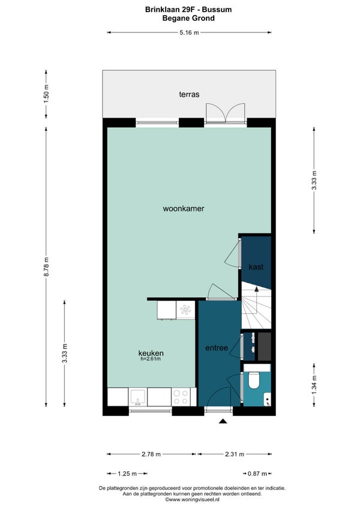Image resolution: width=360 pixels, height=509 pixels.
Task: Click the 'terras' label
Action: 189,94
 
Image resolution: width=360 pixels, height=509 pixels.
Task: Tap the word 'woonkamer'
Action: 184,208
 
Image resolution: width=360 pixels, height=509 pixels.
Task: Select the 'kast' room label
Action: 256,267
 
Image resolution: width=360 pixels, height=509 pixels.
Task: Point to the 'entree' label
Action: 217,348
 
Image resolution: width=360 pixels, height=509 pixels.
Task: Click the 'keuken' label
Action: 151,353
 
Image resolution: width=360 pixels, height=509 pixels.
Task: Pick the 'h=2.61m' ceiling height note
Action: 151,359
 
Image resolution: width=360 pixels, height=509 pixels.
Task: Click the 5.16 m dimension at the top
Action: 189,32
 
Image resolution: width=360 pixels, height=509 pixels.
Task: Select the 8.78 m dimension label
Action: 46,267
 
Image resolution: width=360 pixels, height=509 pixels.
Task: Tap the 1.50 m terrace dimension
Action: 46,94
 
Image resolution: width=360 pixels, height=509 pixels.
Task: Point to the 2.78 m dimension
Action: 151,454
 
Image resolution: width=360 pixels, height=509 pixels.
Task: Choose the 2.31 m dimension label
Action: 235,454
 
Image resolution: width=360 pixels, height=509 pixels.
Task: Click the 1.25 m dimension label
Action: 127,474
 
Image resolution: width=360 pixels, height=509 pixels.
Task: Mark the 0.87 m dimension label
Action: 257,474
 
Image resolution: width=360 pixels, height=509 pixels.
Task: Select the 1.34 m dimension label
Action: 314,385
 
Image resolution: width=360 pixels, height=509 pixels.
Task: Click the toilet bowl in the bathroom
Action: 253,381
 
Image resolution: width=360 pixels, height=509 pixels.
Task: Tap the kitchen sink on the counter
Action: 138,397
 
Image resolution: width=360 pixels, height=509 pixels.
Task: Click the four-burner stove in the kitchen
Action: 181,397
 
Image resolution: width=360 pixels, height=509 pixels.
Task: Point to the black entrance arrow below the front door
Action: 223,421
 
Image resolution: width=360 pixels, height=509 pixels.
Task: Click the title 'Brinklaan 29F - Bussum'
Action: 188,10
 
